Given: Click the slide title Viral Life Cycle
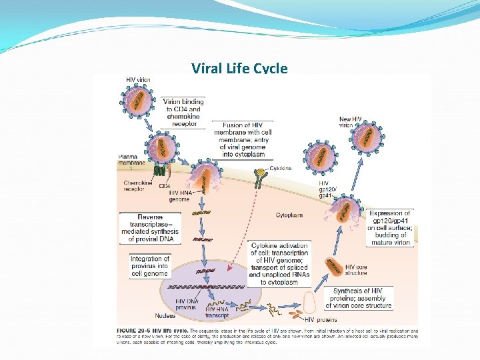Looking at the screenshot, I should click(x=239, y=68).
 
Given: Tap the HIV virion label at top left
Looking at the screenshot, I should click(x=138, y=80).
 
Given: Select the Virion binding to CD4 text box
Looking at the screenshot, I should click(x=183, y=112).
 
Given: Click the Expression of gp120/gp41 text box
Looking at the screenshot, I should click(x=390, y=228).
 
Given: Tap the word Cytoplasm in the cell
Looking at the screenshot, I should click(x=289, y=215).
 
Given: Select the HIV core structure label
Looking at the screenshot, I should click(x=356, y=270).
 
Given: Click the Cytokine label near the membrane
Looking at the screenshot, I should click(x=281, y=169).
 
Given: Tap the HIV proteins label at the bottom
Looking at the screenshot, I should click(x=310, y=320).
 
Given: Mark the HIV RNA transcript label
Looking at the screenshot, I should click(x=218, y=312).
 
